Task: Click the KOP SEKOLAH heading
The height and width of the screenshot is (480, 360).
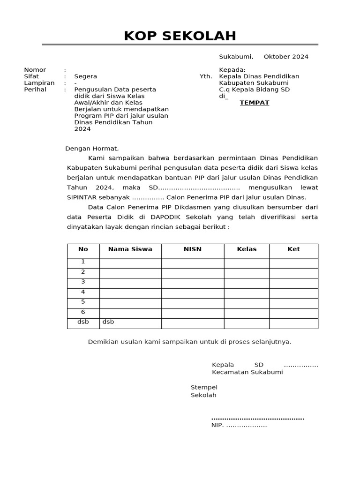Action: tap(180, 36)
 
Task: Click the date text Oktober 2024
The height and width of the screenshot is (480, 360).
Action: tap(286, 57)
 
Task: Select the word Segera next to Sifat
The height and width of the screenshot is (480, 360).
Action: tap(86, 76)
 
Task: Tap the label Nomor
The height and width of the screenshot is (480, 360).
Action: tap(35, 70)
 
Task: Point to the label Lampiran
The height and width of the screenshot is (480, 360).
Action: tap(39, 83)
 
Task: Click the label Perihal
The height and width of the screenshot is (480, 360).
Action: tap(35, 90)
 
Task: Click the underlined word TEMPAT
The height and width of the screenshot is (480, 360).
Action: tap(255, 103)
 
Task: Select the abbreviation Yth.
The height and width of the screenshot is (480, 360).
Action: tap(206, 76)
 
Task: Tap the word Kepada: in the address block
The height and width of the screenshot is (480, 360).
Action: tap(232, 70)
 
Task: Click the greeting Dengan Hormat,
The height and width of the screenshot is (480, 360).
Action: tap(92, 149)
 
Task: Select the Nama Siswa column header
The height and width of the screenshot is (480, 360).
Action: tap(130, 249)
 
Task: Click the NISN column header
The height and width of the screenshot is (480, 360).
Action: tap(193, 249)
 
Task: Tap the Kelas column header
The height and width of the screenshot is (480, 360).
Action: tap(247, 249)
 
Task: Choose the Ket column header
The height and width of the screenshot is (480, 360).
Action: tap(293, 249)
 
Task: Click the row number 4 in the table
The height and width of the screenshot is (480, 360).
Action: tap(83, 292)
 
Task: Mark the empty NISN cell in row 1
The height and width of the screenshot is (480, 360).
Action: tap(193, 262)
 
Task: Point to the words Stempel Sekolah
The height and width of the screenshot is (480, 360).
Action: tap(204, 391)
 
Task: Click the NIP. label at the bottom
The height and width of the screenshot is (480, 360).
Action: tap(218, 426)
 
